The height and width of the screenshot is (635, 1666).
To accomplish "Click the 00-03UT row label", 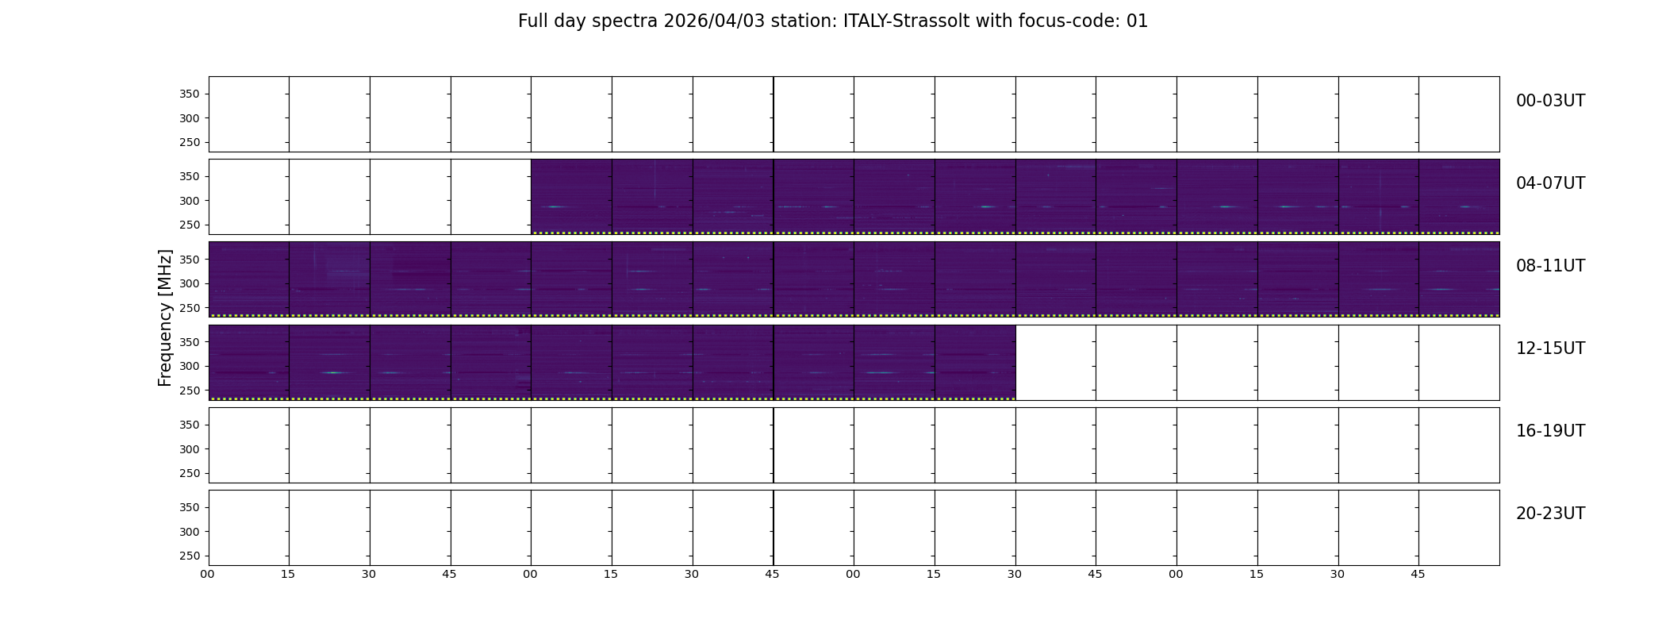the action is coord(1550,101).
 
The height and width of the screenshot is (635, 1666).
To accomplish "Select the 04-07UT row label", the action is coord(1550,183).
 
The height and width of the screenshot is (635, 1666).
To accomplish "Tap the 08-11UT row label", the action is coord(1550,266).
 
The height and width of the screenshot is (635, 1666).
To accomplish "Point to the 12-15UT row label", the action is coord(1550,348).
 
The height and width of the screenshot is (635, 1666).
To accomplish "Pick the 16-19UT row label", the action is coord(1550,431).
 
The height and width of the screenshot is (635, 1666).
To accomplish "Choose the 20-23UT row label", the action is coord(1550,514).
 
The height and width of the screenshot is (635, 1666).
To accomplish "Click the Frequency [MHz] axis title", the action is coord(165,317).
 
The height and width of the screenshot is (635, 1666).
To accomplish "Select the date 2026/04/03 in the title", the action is coord(714,21).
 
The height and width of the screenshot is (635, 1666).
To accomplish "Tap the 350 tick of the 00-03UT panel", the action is coord(190,94).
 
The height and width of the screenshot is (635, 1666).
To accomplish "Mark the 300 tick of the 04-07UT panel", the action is coord(190,201).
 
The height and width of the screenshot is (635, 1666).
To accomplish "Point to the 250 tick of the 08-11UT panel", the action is coord(190,308).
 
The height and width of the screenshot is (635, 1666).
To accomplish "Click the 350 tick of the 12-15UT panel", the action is coord(190,342).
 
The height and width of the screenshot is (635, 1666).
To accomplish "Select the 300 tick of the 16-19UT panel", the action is coord(190,449).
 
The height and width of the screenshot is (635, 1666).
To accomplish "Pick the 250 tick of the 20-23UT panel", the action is coord(190,556).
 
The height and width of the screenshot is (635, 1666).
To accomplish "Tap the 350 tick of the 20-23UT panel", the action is coord(190,507).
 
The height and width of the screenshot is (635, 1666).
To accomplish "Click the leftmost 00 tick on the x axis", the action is coord(207,574).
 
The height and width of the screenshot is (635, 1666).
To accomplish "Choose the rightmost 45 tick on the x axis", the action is coord(1418,574).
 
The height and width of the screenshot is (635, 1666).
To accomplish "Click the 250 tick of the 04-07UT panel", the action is coord(190,225).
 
